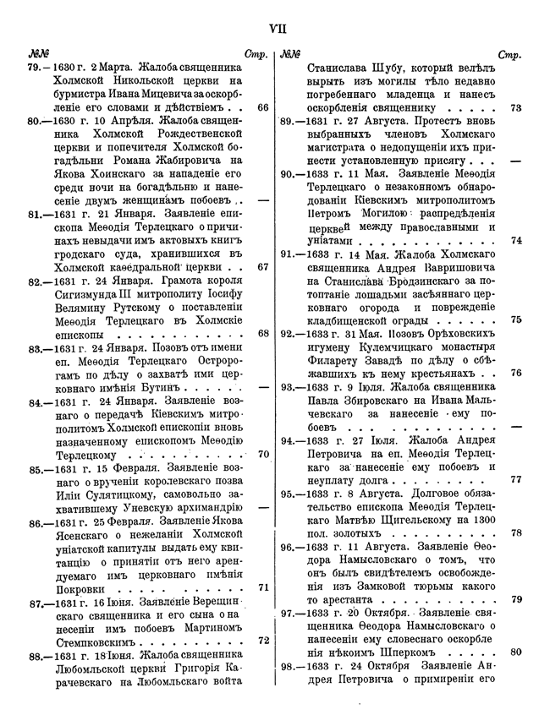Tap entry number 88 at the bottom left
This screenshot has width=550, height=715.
pyautogui.click(x=37, y=656)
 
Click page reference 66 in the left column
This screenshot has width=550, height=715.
pyautogui.click(x=261, y=108)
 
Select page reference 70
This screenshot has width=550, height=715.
pyautogui.click(x=261, y=454)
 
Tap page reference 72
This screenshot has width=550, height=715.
pyautogui.click(x=261, y=641)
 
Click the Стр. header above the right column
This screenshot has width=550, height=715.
pyautogui.click(x=509, y=55)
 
